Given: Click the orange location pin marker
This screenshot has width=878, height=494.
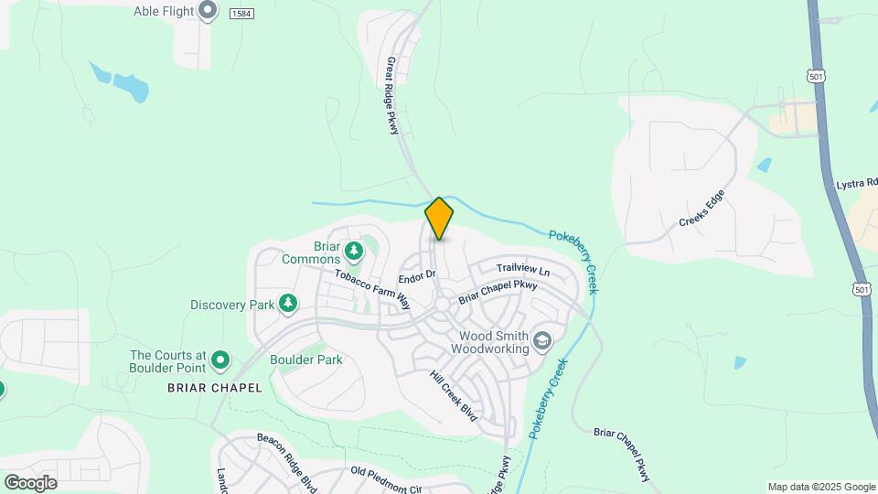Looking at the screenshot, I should [439, 218].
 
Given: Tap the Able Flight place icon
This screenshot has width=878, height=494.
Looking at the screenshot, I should [209, 11].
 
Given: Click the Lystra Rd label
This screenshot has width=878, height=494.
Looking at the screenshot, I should [856, 185].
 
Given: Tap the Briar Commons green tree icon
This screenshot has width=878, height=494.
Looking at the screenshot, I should [354, 249].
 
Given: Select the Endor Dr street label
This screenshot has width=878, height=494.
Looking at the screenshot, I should [417, 275].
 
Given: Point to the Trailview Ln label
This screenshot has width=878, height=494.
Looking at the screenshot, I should [523, 270].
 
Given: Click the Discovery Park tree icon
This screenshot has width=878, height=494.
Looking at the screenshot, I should [288, 302].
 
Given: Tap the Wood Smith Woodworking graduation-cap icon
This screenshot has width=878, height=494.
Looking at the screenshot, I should [543, 341].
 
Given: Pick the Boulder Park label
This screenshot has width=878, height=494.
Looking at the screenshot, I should [306, 360].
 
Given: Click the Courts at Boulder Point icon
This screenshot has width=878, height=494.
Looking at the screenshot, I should [219, 361].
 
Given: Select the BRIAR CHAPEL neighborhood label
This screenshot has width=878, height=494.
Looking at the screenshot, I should [214, 388].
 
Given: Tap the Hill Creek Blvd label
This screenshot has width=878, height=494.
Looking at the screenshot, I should [455, 395].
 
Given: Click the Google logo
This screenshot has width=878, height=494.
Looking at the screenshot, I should [30, 483].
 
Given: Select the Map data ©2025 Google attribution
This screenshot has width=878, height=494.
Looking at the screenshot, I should [821, 487].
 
